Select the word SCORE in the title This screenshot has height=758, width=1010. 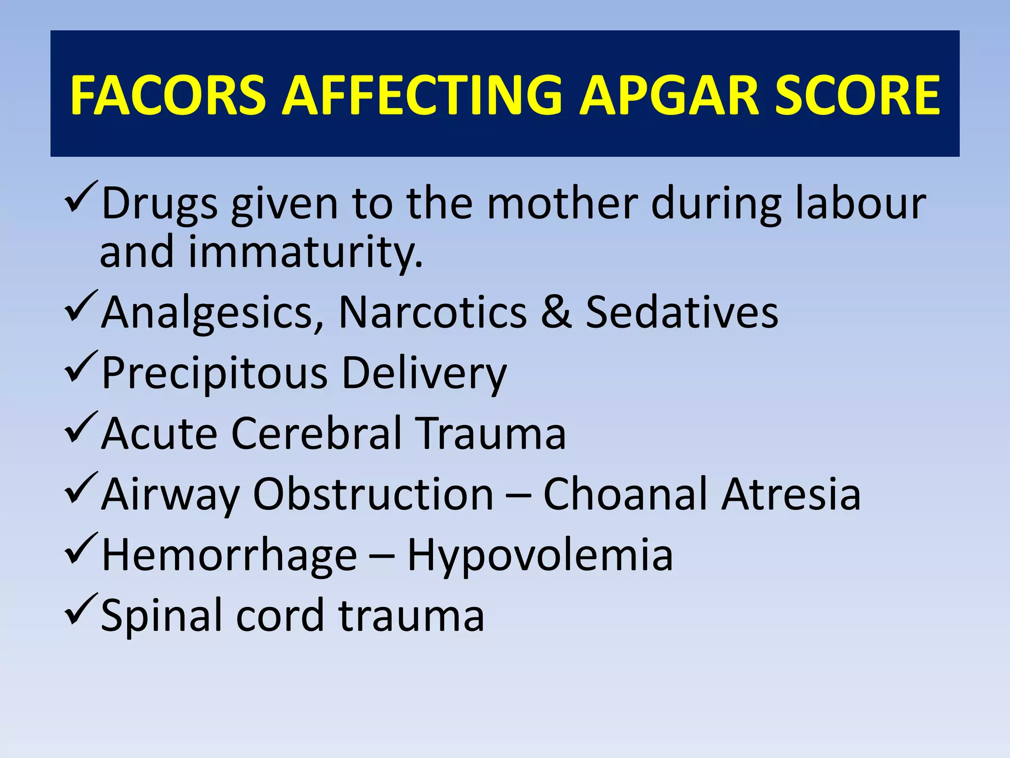coord(857,95)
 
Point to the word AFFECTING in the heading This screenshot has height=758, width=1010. coord(422,95)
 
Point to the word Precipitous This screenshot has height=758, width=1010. coord(215,373)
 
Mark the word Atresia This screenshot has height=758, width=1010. coord(791,494)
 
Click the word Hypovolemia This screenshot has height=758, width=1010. coord(540,556)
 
